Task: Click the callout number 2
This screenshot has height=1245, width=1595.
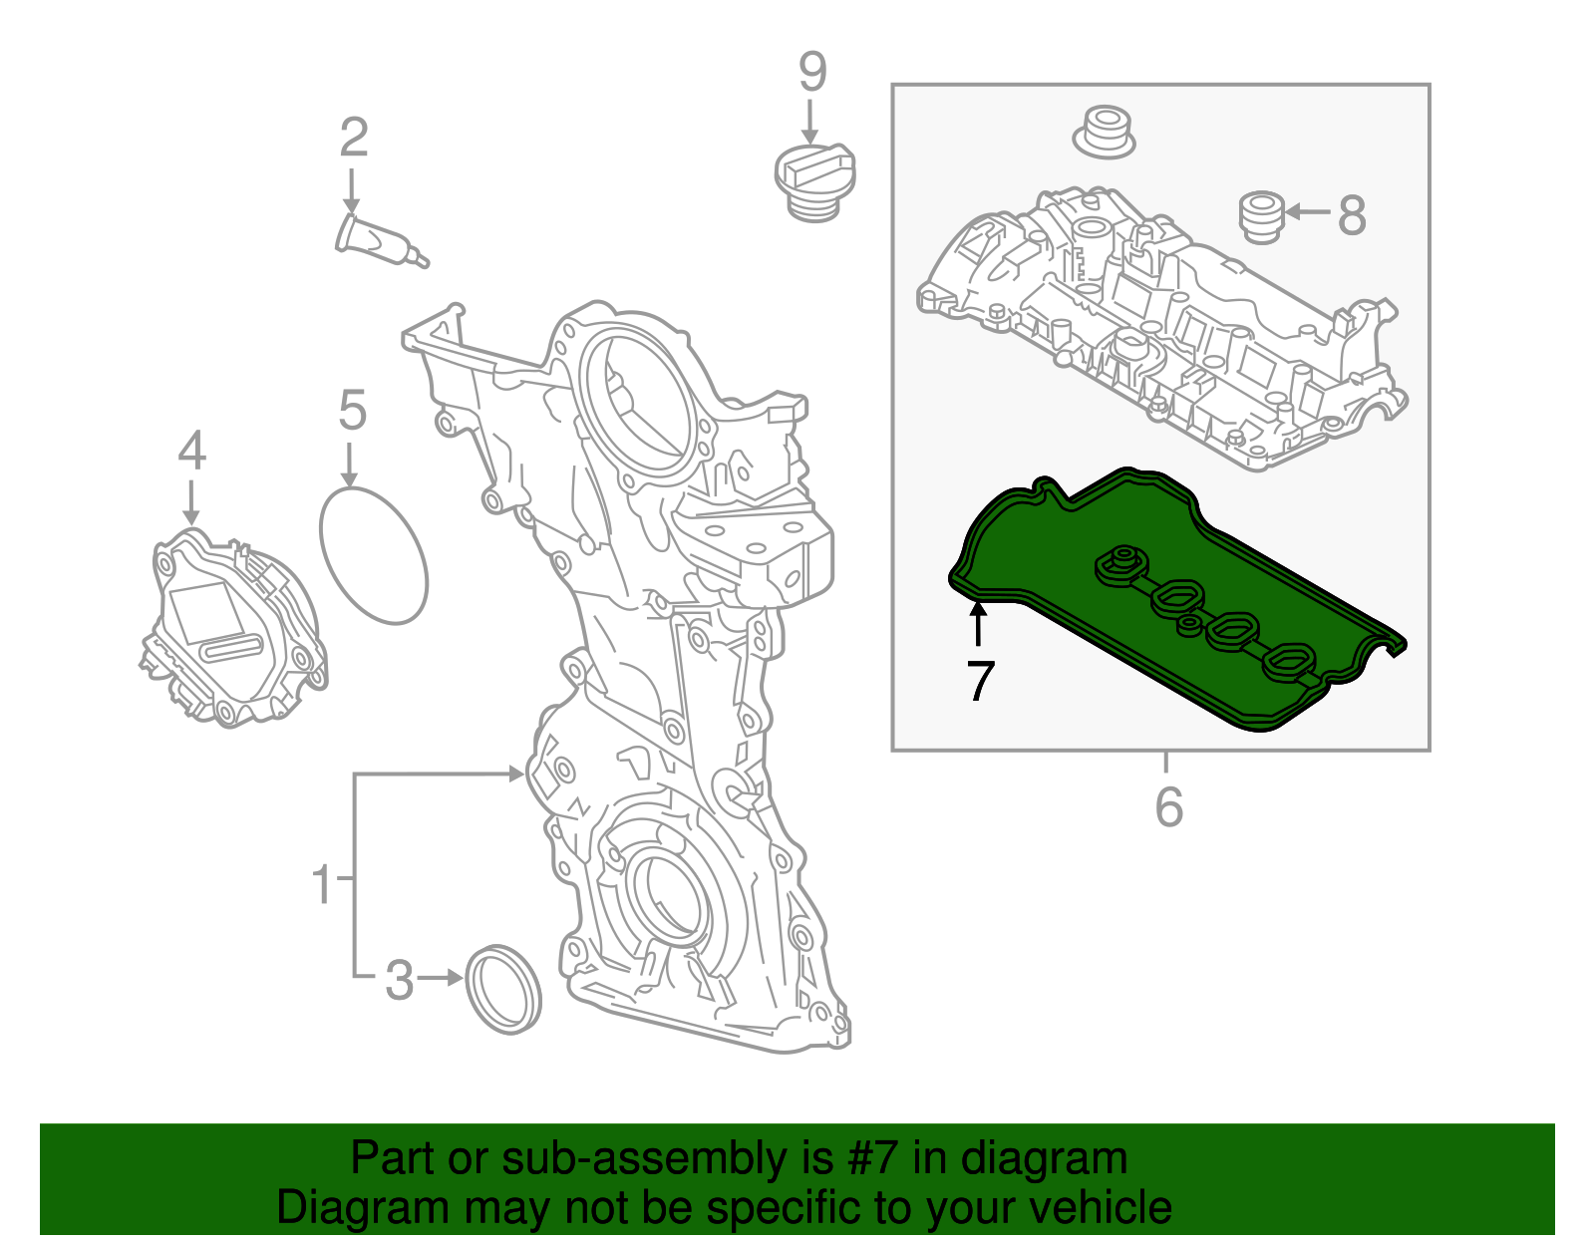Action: tap(354, 138)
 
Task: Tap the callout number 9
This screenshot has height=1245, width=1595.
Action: tap(812, 72)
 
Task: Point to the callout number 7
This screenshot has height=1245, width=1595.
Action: tap(981, 681)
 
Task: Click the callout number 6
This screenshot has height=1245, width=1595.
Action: tap(1168, 806)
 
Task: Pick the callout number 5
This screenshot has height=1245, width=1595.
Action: tap(353, 411)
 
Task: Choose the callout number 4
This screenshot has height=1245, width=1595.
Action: tap(191, 451)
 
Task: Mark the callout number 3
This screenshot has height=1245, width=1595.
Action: tap(399, 980)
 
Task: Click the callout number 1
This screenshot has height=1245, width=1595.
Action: tap(321, 883)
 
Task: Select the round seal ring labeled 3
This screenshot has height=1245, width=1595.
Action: tap(504, 990)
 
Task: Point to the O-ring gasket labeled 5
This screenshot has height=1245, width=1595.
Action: tap(374, 555)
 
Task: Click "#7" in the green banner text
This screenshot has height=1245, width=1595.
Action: tap(873, 1158)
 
